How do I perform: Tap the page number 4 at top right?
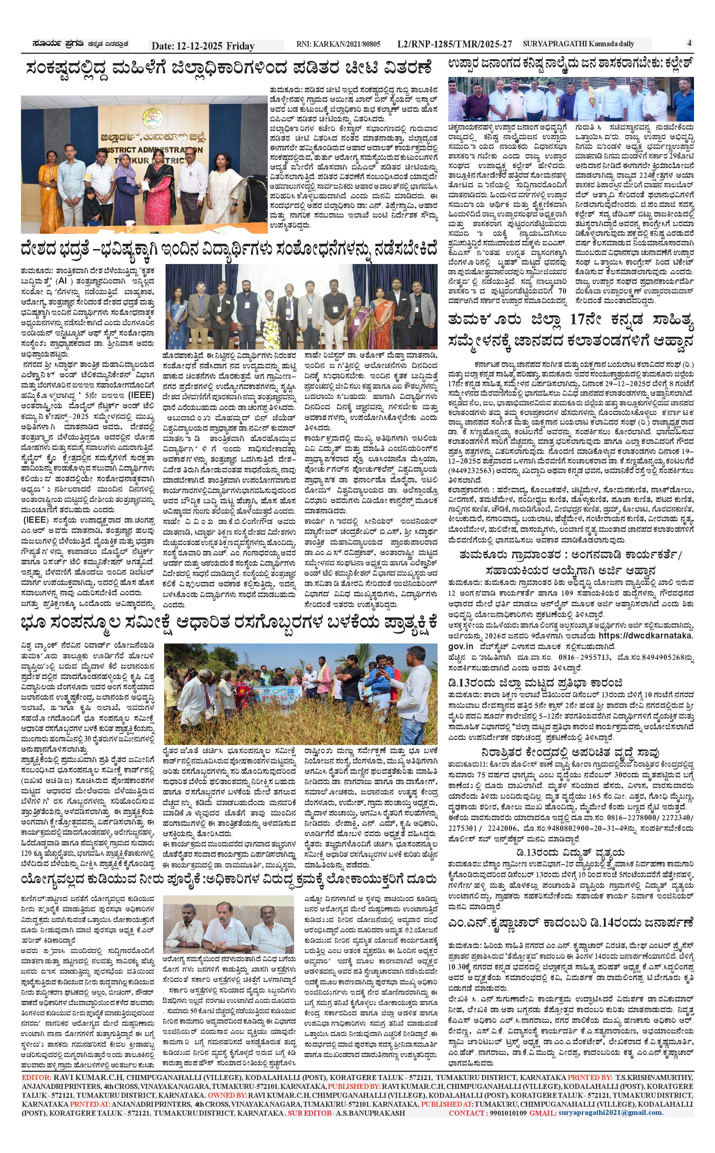click(x=689, y=43)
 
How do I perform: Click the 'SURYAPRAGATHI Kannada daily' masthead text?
click(x=578, y=44)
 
